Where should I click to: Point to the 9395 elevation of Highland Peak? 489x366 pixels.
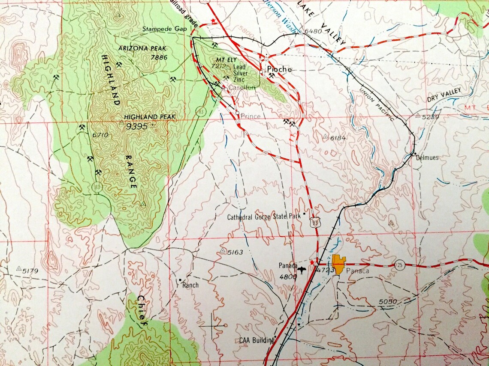pyautogui.click(x=137, y=126)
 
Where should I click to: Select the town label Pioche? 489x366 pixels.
pyautogui.click(x=279, y=69)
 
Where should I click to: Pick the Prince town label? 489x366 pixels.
pyautogui.click(x=250, y=116)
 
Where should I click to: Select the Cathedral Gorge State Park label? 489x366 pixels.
pyautogui.click(x=264, y=217)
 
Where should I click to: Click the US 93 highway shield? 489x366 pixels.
pyautogui.click(x=316, y=222)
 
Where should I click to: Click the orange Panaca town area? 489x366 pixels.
pyautogui.click(x=339, y=264)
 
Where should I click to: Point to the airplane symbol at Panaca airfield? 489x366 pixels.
pyautogui.click(x=302, y=271)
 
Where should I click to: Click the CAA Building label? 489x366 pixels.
pyautogui.click(x=257, y=341)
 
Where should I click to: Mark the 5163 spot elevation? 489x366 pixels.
pyautogui.click(x=235, y=253)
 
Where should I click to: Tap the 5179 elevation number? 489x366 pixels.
pyautogui.click(x=30, y=271)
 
